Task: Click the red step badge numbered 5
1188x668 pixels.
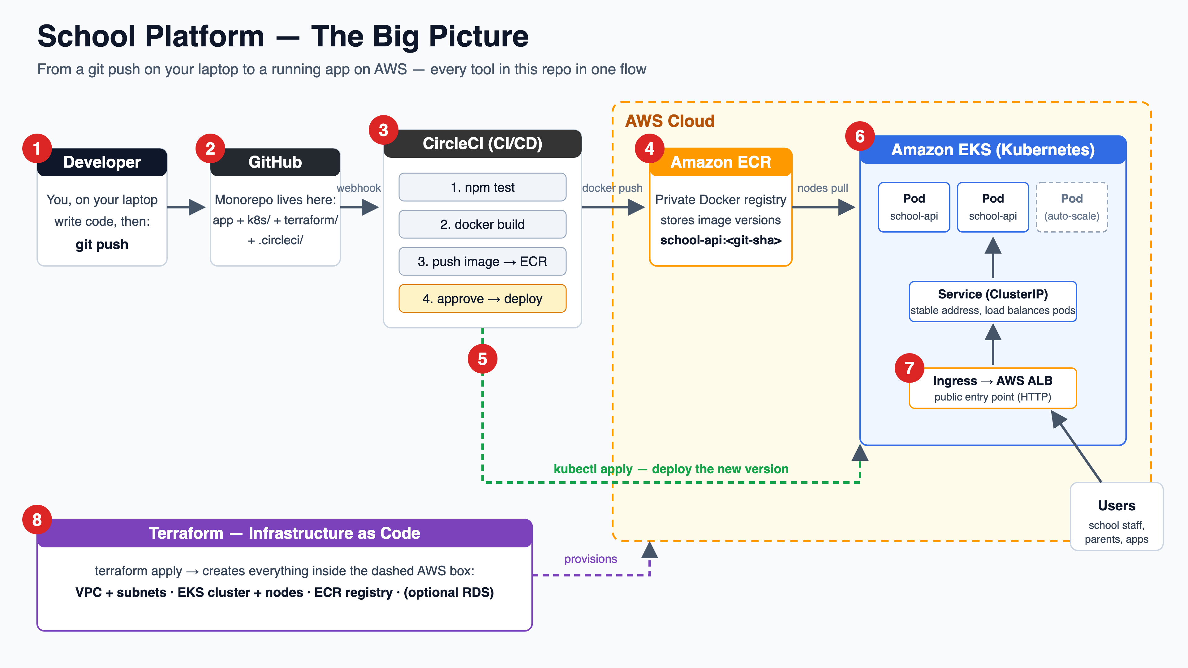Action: (482, 359)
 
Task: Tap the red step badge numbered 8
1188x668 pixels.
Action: (37, 520)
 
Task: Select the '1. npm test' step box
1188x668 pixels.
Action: (482, 187)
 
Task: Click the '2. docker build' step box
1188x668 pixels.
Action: (482, 224)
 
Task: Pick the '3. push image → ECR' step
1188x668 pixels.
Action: (482, 261)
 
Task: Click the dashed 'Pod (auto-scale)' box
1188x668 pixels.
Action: (1072, 207)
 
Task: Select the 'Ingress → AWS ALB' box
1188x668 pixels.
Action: (993, 388)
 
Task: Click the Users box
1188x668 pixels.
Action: (1117, 516)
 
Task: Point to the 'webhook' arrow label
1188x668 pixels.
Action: (359, 188)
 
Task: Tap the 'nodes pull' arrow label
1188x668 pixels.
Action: (823, 188)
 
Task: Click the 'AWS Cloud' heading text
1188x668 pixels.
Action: (669, 121)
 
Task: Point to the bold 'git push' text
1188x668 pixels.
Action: (102, 244)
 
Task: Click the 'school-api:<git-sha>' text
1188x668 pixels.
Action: (721, 240)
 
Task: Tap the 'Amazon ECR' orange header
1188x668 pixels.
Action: (721, 162)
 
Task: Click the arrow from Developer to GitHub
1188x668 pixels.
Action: (186, 207)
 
